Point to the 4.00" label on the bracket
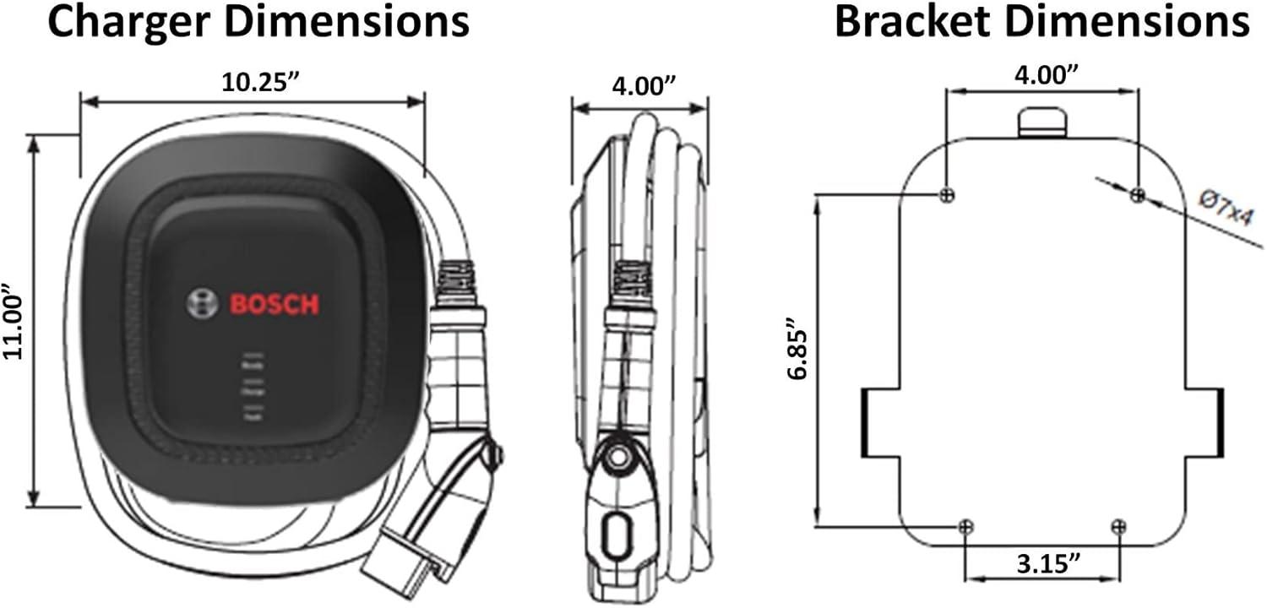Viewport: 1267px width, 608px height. click(x=1045, y=74)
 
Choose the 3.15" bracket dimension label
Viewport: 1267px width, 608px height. click(x=1042, y=563)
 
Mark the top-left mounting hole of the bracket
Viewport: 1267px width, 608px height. click(x=947, y=194)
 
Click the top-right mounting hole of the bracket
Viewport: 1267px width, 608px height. click(x=1137, y=195)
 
